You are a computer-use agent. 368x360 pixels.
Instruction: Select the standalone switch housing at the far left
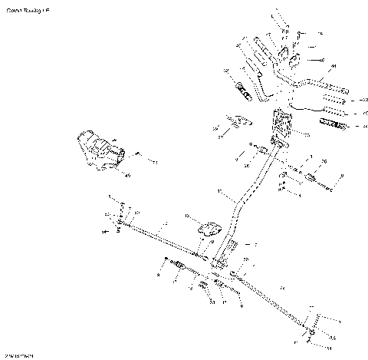click(98, 150)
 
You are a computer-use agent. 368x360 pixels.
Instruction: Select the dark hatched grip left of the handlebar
click(244, 89)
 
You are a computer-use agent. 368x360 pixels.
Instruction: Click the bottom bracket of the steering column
click(224, 261)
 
